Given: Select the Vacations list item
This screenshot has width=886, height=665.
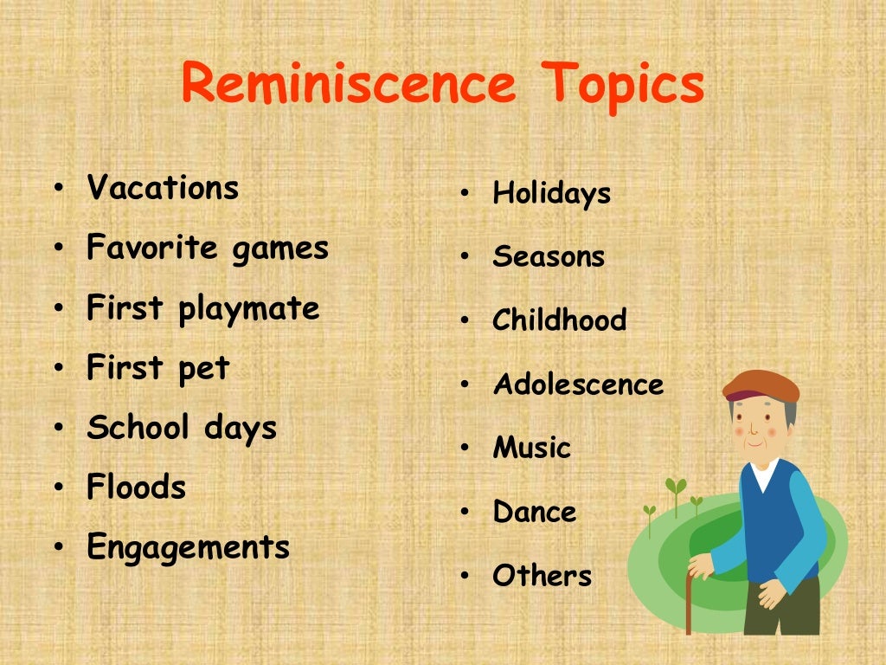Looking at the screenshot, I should point(163,188).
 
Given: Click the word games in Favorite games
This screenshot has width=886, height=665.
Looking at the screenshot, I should point(280,249).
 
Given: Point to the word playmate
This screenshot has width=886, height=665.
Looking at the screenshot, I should point(249,309).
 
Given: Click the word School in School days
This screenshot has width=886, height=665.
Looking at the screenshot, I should point(138,428).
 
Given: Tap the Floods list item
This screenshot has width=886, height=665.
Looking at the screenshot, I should point(136,487).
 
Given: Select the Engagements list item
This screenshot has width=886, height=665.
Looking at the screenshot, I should point(188,548).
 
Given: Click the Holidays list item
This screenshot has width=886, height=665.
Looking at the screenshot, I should point(551,193).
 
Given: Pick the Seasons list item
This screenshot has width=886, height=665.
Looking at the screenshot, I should point(549,257).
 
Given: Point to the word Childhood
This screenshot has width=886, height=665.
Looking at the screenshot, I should point(559,320).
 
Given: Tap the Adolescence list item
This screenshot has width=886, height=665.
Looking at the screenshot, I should point(578,384).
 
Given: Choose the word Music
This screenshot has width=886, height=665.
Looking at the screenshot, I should point(531,449).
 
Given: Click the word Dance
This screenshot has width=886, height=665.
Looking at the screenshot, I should point(534,512).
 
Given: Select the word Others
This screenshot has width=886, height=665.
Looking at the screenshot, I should point(542,576).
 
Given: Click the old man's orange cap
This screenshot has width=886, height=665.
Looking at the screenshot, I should point(761,384).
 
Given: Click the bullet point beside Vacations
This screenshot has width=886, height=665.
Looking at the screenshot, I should point(57,189).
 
